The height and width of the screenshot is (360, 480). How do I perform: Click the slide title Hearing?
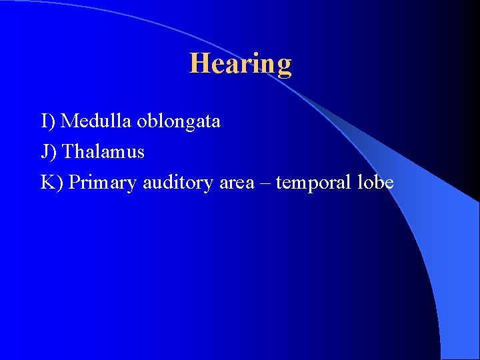[240, 64]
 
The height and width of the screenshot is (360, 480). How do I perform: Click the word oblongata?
[179, 121]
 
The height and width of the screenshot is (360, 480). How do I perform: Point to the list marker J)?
[49, 152]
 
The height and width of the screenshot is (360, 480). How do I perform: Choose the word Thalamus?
[103, 152]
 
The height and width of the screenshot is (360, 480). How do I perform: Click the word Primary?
[103, 183]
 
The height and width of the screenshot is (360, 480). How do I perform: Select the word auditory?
[179, 182]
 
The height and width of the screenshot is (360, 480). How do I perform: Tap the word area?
[237, 183]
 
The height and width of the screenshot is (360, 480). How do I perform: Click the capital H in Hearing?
[198, 63]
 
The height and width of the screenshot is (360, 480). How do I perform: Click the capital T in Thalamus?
[67, 152]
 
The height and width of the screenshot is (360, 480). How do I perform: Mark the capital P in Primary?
[74, 182]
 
